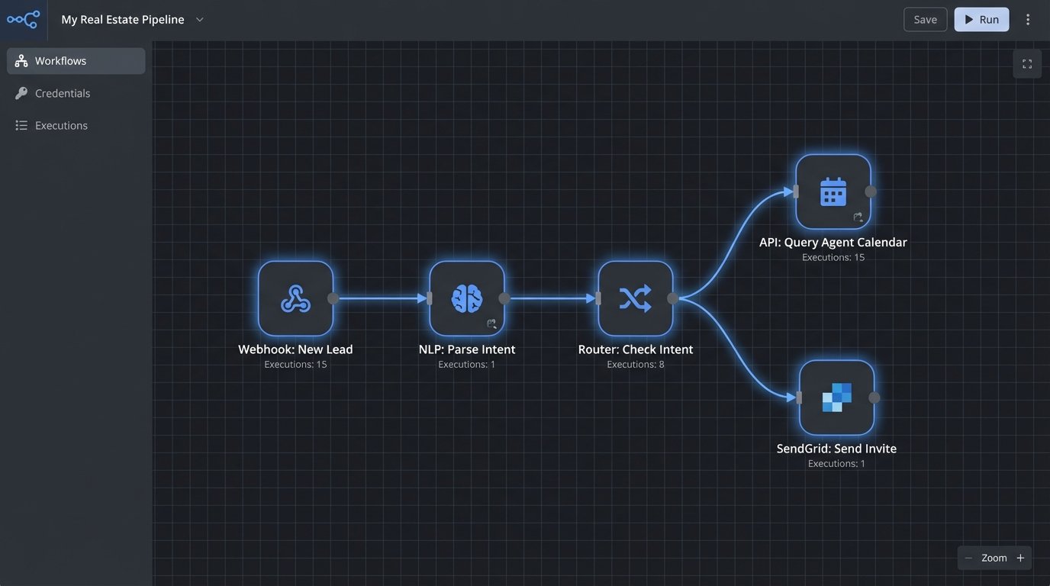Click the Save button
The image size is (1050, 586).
[925, 20]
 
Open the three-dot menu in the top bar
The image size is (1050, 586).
[1028, 20]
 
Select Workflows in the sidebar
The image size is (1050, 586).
[76, 61]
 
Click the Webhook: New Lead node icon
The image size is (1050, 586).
[295, 298]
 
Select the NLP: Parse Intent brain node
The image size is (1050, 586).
[466, 298]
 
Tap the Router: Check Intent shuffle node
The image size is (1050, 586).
[635, 298]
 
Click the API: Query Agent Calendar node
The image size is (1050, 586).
[833, 192]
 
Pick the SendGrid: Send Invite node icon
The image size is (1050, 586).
[836, 398]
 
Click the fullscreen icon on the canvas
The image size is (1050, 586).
[1027, 64]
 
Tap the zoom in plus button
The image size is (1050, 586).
[1020, 558]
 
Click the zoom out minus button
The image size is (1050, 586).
[968, 558]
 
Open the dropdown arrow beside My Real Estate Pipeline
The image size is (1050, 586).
[200, 20]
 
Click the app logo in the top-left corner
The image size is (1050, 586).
[23, 20]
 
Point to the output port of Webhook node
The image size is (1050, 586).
[333, 298]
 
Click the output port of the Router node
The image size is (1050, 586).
[672, 298]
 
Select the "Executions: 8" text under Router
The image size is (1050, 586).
[635, 365]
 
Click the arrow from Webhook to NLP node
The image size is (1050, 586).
[382, 298]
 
